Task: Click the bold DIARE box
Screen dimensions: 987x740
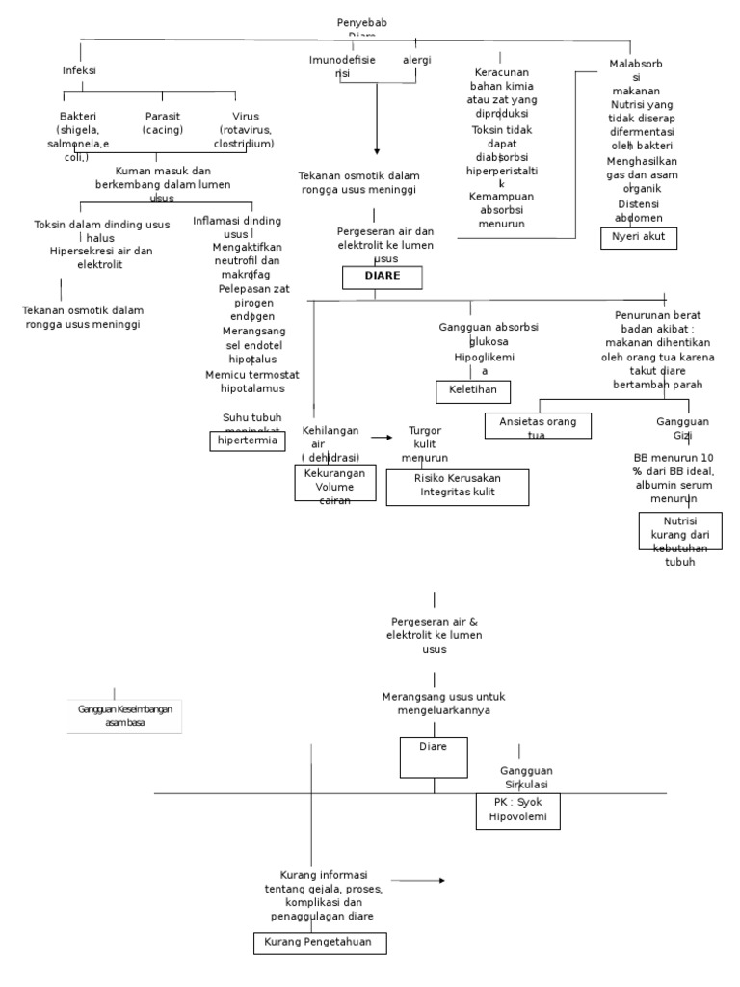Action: point(382,278)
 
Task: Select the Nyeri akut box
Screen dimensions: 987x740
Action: point(638,237)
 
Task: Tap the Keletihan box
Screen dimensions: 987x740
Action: point(472,391)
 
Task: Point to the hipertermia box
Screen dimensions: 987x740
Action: point(248,440)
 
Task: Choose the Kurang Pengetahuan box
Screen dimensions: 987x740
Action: point(320,942)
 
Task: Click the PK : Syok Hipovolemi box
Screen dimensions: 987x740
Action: point(516,811)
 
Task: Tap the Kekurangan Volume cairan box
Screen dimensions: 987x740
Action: point(334,484)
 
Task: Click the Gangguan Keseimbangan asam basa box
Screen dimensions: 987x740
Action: point(125,716)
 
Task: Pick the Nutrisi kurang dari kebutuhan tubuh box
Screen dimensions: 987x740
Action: point(678,532)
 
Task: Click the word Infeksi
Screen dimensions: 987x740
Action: point(79,70)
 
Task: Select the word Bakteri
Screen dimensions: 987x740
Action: point(78,115)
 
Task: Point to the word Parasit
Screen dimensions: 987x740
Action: point(163,115)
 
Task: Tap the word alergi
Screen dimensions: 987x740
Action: point(416,60)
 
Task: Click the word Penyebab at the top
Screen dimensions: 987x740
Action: point(362,22)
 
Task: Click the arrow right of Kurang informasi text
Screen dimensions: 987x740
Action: point(418,880)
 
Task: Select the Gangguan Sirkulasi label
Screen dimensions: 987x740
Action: point(526,777)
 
